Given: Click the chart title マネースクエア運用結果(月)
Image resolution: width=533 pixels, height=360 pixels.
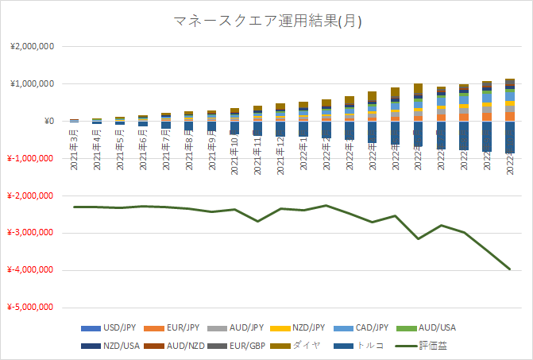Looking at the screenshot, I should (x=267, y=21).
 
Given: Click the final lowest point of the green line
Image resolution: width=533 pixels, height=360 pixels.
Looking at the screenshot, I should (x=510, y=269).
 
